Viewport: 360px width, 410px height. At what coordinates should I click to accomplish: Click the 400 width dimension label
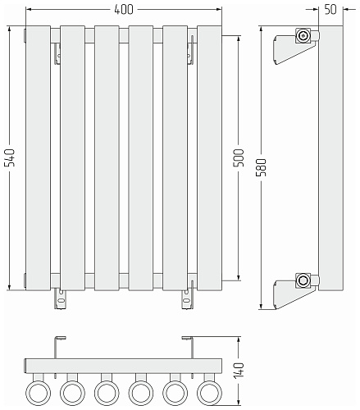coord(124,10)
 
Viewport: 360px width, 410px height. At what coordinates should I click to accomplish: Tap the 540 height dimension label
coord(10,157)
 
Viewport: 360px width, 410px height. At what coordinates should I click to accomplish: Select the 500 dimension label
coord(239,157)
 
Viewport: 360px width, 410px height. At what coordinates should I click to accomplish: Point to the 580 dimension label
coord(262,167)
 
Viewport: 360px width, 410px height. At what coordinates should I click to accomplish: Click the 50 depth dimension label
coord(330,10)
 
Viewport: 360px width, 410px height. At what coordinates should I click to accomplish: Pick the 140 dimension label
coord(239,371)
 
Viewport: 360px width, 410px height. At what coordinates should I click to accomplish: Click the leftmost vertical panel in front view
coord(39,158)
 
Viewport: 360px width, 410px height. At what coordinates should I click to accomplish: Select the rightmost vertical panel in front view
coord(209,158)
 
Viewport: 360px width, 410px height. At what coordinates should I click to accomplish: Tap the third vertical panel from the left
coord(107,158)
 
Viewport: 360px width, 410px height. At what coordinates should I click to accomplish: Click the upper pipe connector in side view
coord(303,35)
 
